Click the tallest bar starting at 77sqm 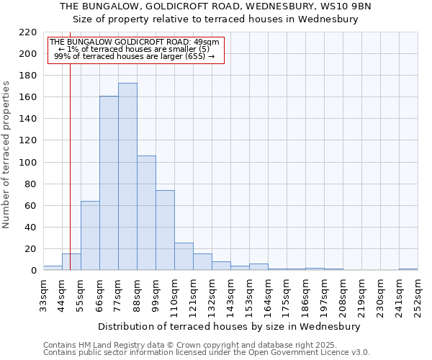click(x=127, y=176)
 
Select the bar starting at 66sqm click(x=109, y=183)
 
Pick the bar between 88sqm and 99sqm click(x=146, y=212)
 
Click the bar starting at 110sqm click(x=184, y=256)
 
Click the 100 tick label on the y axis click(x=28, y=163)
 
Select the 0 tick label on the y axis click(x=33, y=271)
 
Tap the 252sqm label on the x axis click(x=418, y=296)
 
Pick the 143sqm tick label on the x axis click(x=230, y=296)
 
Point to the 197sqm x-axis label click(x=324, y=296)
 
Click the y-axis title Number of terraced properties click(x=7, y=155)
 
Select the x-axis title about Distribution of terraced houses click(x=230, y=326)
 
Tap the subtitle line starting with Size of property click(x=215, y=19)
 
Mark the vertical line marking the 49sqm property click(x=70, y=166)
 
